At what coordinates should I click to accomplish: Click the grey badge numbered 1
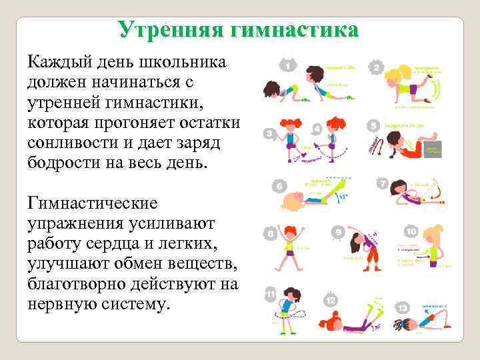pyautogui.click(x=288, y=66)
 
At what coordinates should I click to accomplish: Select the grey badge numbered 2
pyautogui.click(x=377, y=67)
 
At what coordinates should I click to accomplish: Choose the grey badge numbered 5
pyautogui.click(x=373, y=125)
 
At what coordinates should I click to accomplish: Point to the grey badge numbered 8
pyautogui.click(x=271, y=234)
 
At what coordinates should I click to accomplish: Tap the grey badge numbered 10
pyautogui.click(x=411, y=232)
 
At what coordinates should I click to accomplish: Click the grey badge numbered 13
pyautogui.click(x=403, y=307)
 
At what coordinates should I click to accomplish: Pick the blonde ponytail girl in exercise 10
pyautogui.click(x=433, y=247)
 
